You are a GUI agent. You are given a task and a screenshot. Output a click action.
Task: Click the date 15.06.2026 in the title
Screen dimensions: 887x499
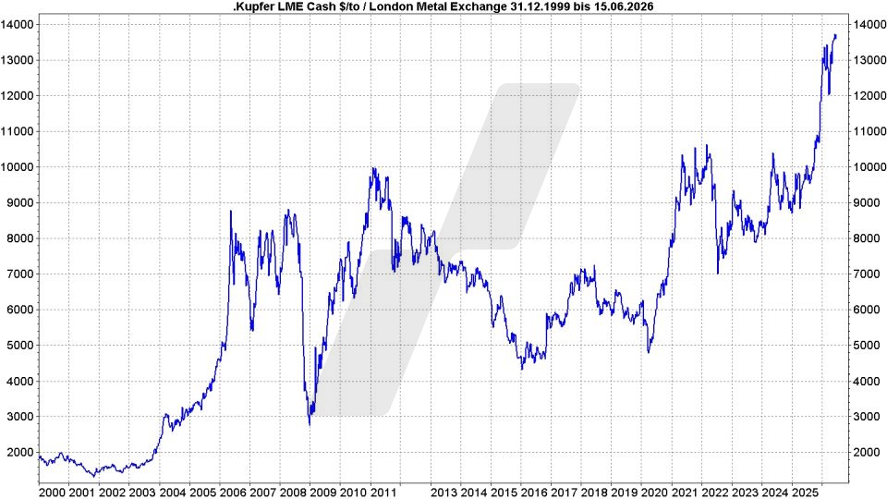pyautogui.click(x=626, y=6)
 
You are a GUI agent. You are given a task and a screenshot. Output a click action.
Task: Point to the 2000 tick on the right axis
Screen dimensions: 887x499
pyautogui.click(x=866, y=452)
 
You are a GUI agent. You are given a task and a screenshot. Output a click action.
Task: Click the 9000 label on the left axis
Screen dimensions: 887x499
pyautogui.click(x=20, y=202)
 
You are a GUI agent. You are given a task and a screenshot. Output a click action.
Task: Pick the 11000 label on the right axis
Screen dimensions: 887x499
pyautogui.click(x=869, y=131)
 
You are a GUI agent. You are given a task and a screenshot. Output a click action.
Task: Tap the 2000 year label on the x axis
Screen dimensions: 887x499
pyautogui.click(x=52, y=493)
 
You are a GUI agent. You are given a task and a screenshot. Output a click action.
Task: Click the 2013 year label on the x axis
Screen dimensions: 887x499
pyautogui.click(x=443, y=493)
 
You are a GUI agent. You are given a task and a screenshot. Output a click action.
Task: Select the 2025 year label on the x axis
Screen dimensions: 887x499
pyautogui.click(x=806, y=493)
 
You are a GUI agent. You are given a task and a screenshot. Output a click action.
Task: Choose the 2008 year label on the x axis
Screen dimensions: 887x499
pyautogui.click(x=293, y=493)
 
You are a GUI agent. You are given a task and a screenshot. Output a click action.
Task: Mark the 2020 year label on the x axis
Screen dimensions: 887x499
pyautogui.click(x=655, y=493)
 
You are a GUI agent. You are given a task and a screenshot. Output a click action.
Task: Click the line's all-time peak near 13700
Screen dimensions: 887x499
pyautogui.click(x=835, y=35)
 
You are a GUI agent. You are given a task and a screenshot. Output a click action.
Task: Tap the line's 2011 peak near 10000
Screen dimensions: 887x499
pyautogui.click(x=372, y=167)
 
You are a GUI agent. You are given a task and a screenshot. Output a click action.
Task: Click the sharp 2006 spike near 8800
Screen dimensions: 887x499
pyautogui.click(x=231, y=211)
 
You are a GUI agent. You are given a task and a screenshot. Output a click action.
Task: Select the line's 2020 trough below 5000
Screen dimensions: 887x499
pyautogui.click(x=649, y=352)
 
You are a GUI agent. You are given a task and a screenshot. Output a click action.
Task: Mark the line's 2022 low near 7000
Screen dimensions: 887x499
pyautogui.click(x=718, y=274)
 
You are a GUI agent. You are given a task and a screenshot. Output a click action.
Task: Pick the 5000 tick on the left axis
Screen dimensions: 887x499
pyautogui.click(x=20, y=345)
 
